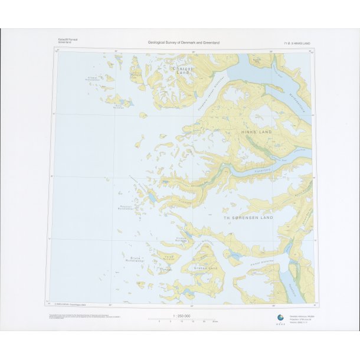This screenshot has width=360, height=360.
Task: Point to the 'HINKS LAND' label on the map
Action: [256, 132]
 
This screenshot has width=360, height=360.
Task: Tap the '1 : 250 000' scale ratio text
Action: [180, 316]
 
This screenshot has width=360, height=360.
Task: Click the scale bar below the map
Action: [180, 320]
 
